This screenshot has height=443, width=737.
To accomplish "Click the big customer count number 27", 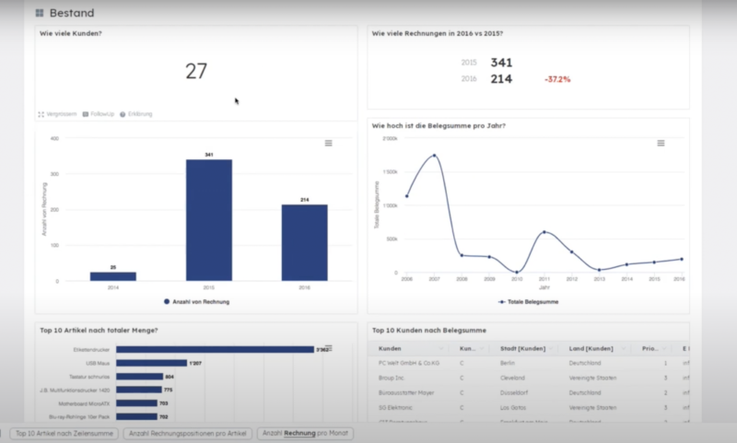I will [196, 72].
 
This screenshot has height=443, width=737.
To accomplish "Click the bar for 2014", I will [113, 275].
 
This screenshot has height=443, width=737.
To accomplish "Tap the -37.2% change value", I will [557, 79].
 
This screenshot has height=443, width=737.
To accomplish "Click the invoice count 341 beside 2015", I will [501, 63].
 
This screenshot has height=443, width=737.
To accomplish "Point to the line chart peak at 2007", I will [434, 156].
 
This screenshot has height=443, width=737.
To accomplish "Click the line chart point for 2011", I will [544, 232].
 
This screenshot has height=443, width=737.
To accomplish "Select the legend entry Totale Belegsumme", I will [528, 301].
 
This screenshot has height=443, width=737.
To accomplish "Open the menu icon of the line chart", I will [661, 143].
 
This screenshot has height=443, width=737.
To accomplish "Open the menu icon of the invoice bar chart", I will [328, 143].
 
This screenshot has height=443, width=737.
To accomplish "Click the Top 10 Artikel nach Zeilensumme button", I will [64, 433].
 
